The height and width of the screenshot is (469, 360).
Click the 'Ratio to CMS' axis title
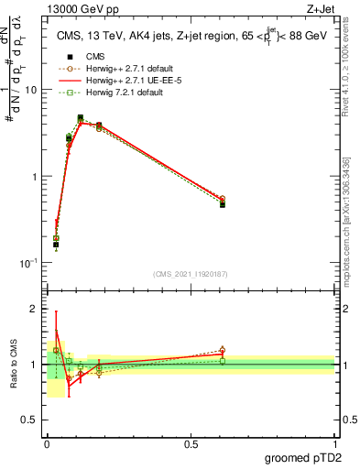(12, 365)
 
